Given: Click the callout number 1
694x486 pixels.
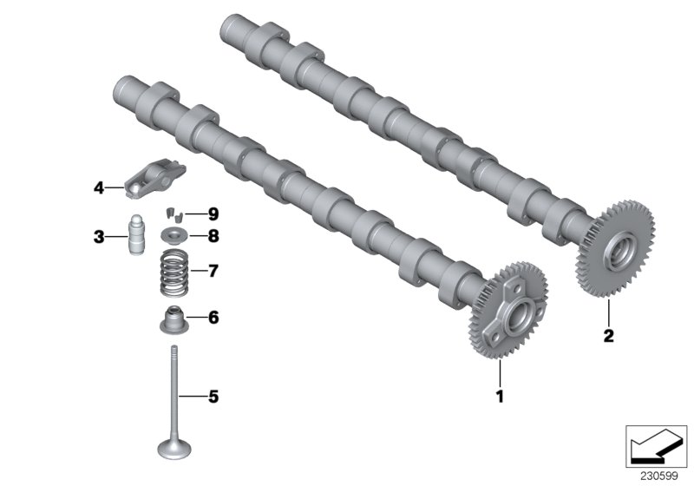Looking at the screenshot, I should (499, 397).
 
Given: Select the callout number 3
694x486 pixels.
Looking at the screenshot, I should (100, 236).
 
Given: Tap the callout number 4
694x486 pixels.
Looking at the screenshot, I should (100, 187).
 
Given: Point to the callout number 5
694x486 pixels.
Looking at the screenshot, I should (213, 397).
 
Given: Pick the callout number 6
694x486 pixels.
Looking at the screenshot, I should (213, 318).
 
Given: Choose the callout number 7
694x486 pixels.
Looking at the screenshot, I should (213, 271).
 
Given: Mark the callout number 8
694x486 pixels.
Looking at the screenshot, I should (213, 235).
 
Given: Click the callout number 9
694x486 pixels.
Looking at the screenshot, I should (213, 213).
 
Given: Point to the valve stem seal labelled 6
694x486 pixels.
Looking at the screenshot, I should (175, 319).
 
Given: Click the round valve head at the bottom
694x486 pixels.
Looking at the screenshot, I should (176, 448).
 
